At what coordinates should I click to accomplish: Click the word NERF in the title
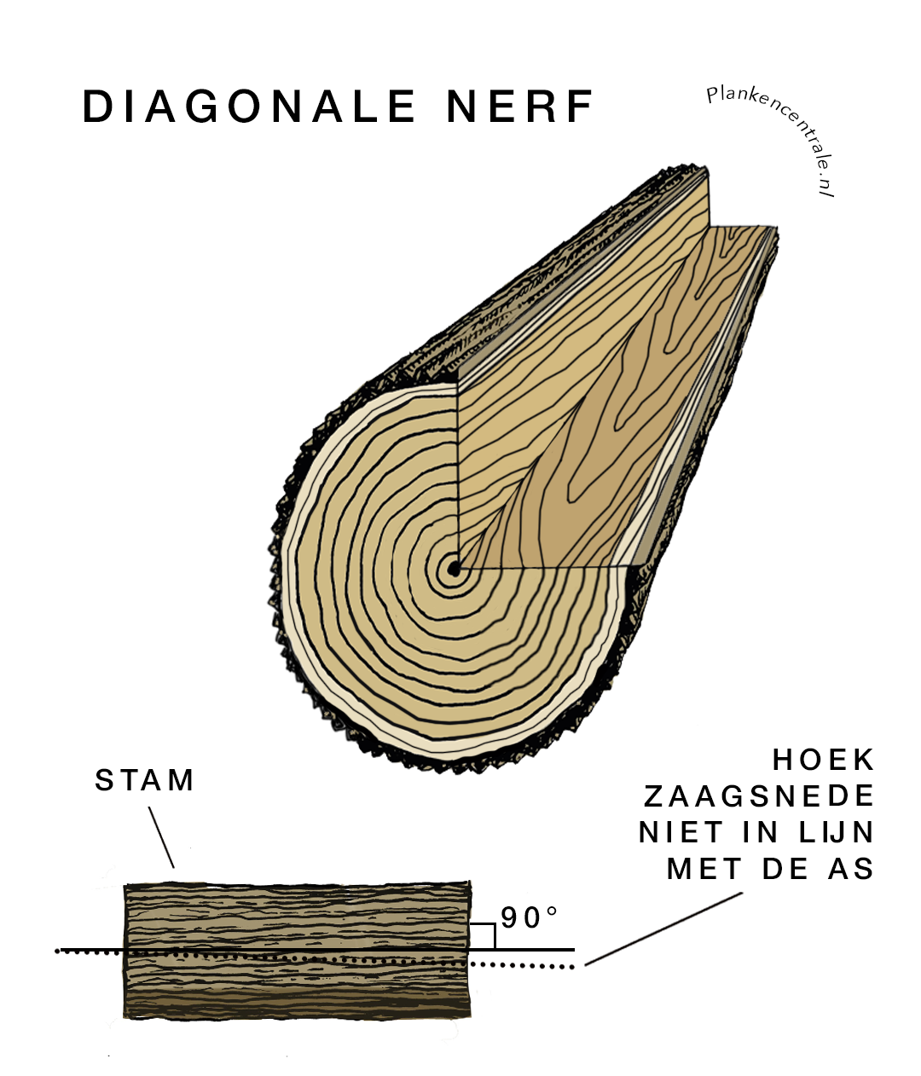tap(519, 107)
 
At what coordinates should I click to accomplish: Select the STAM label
tap(145, 780)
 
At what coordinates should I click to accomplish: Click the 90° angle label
tap(530, 918)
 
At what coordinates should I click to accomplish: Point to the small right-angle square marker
tap(483, 936)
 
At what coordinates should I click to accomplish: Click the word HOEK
tap(824, 759)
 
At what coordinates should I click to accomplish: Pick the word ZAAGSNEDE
tap(759, 795)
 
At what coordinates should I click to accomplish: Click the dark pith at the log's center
tap(452, 568)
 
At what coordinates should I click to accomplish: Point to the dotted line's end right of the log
tap(571, 966)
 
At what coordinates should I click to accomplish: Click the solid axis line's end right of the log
tap(571, 949)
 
